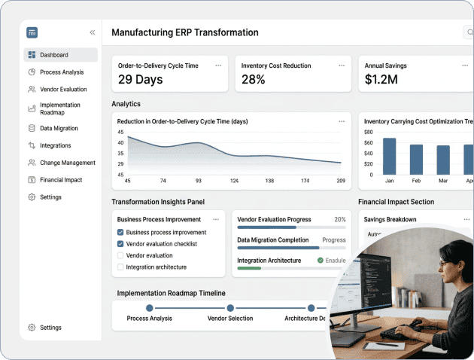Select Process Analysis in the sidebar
[62, 72]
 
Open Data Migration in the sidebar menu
[59, 128]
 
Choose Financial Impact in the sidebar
[61, 180]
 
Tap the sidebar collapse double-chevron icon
[93, 32]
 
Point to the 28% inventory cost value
[254, 80]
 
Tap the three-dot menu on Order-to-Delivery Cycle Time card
[218, 66]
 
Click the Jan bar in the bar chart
[389, 157]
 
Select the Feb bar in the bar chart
[416, 160]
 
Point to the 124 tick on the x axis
[234, 181]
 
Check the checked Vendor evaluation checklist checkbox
[120, 244]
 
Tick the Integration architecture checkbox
[120, 267]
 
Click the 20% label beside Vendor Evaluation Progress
[339, 220]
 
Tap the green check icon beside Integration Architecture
[321, 261]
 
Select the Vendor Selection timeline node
[230, 307]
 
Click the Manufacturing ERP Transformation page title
[185, 32]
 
